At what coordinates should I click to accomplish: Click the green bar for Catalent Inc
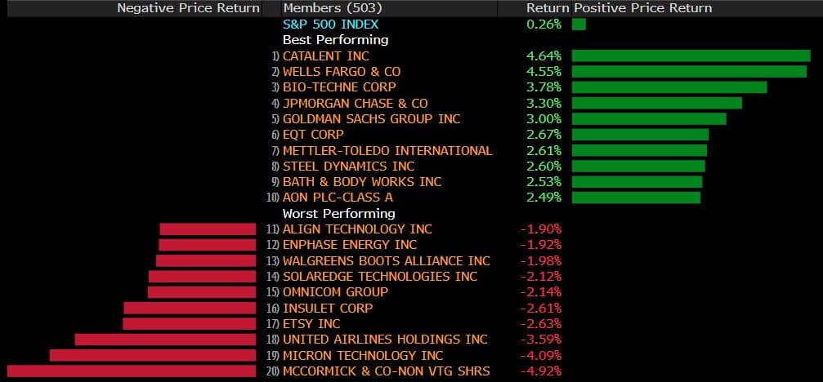(x=691, y=56)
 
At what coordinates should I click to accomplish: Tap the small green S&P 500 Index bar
(x=579, y=24)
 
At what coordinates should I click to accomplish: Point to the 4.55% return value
(x=543, y=72)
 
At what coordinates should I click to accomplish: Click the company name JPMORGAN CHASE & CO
(x=355, y=104)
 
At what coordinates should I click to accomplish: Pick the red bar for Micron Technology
(x=153, y=356)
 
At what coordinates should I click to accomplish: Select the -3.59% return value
(x=541, y=340)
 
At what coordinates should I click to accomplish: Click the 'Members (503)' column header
(x=323, y=8)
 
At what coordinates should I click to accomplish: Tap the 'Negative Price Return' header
(x=188, y=8)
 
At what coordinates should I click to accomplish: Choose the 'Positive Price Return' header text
(x=643, y=8)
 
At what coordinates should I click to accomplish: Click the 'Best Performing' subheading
(x=335, y=40)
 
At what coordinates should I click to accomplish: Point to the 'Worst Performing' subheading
(x=338, y=214)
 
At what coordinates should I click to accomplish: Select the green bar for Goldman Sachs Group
(x=649, y=119)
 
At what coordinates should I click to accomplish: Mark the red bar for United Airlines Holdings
(x=165, y=340)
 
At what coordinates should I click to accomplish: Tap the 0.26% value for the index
(x=544, y=24)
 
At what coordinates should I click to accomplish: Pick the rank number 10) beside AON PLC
(x=272, y=198)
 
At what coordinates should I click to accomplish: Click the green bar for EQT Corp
(x=640, y=135)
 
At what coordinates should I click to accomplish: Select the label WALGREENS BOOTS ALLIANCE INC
(x=386, y=261)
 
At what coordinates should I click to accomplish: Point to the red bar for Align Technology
(x=208, y=229)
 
